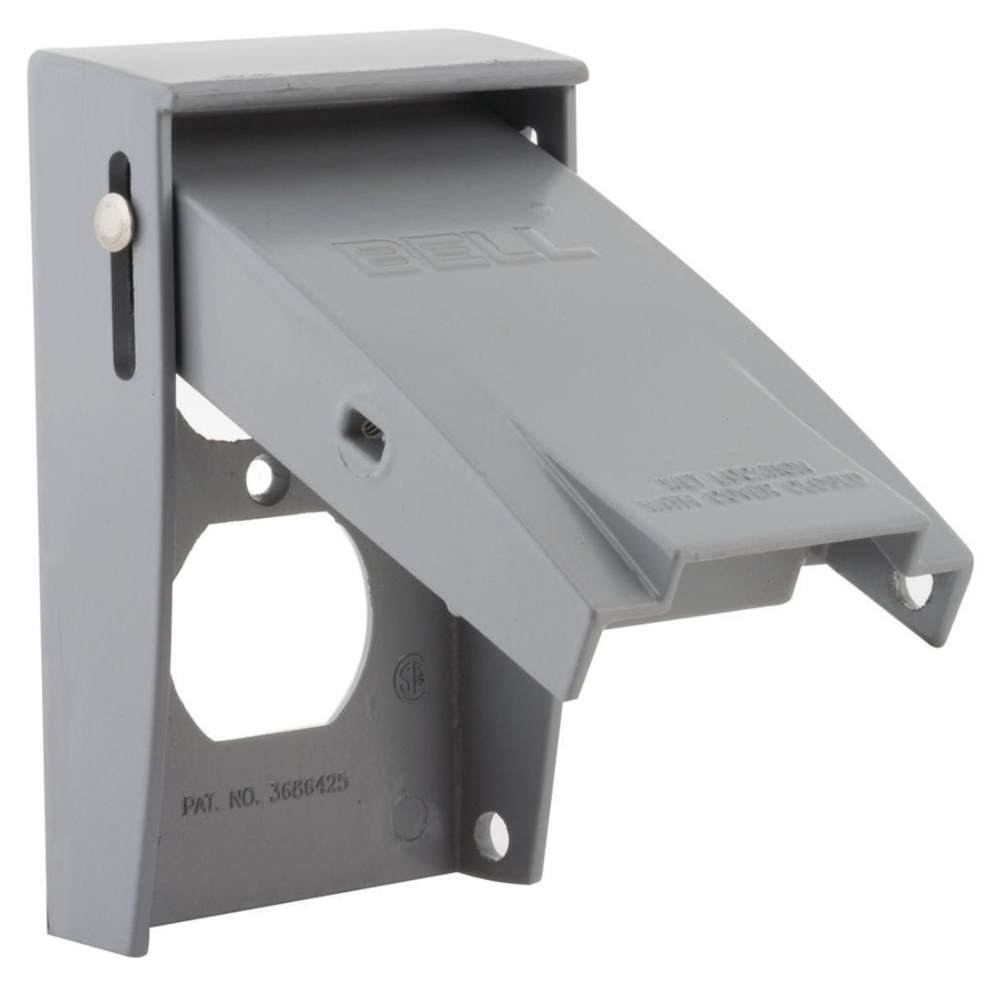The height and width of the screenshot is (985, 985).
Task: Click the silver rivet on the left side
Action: [x=116, y=222]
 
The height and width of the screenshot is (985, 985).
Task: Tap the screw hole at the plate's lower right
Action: [x=490, y=834]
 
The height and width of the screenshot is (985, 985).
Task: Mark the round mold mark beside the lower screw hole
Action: [x=411, y=817]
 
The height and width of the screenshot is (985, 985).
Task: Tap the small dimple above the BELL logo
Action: [x=544, y=208]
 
